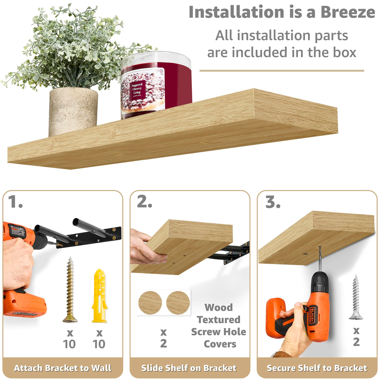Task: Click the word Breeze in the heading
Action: coord(347,13)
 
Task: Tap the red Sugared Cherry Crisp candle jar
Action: coord(156,85)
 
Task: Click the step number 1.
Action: coord(15,202)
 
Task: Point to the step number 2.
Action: coord(144,202)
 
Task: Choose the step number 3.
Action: coord(273,202)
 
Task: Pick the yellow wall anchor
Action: coord(99,296)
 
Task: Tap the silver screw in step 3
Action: coord(356,297)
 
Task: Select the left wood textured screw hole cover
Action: coord(150,303)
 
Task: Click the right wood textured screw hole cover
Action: coord(178,303)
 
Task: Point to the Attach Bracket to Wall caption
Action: coord(63,368)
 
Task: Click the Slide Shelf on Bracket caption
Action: coord(189,368)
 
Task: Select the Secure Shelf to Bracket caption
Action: coord(317,368)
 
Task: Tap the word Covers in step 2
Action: coord(220,344)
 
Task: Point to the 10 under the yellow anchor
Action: coord(99,344)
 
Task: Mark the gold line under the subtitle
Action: coord(282,71)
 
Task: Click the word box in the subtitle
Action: coord(344,52)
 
